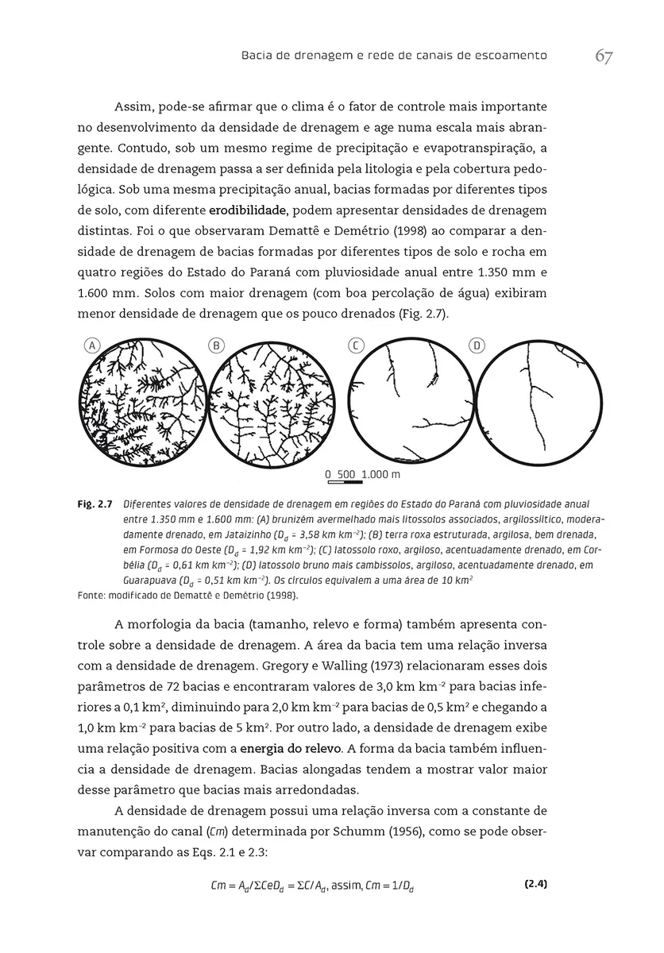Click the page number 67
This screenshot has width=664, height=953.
604,57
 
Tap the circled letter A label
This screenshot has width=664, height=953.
92,345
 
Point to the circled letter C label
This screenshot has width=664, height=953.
357,345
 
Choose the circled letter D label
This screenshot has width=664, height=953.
477,345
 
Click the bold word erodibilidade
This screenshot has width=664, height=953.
246,210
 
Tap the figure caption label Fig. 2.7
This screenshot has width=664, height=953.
94,504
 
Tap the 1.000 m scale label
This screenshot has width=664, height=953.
380,474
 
